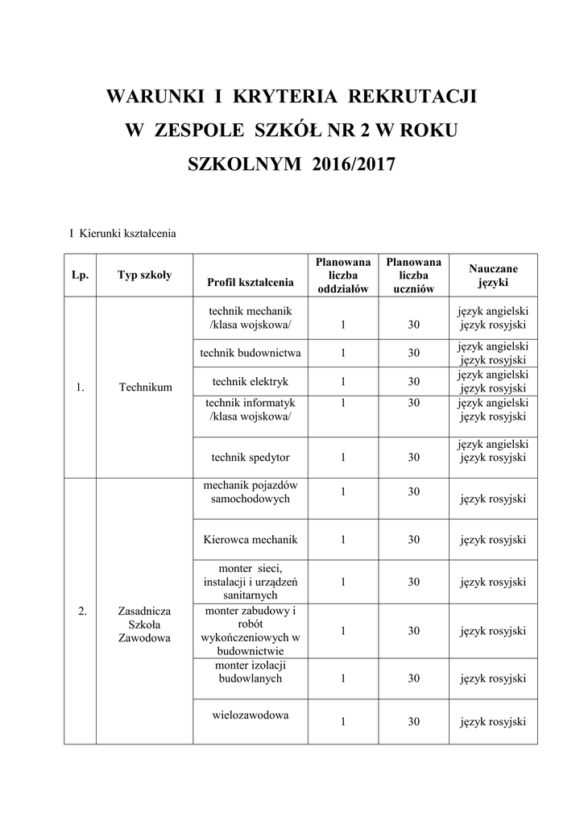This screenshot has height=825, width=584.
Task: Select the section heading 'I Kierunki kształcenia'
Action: [122, 234]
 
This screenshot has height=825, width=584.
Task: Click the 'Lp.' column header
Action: [80, 275]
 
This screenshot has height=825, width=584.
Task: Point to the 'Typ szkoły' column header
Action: [144, 275]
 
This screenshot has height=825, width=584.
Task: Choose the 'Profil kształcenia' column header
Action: [251, 282]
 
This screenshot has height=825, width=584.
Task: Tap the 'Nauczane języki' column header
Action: [493, 275]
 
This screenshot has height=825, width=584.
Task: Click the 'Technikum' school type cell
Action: [145, 388]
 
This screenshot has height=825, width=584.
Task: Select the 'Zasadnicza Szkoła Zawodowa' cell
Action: [145, 624]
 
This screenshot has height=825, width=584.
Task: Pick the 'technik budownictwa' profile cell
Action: [251, 353]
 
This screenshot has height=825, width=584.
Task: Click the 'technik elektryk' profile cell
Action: [251, 381]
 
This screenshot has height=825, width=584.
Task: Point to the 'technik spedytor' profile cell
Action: [251, 457]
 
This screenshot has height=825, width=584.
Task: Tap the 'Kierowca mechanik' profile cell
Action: [251, 540]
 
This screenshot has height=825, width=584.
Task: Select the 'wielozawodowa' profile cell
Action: [251, 715]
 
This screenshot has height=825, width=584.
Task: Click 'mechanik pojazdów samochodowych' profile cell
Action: [251, 491]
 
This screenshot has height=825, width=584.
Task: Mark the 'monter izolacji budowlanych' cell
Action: [251, 672]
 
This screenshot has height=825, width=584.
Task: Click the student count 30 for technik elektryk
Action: [413, 381]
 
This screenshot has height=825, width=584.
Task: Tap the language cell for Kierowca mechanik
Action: [493, 540]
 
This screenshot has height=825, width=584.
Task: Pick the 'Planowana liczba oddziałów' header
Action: [343, 275]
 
